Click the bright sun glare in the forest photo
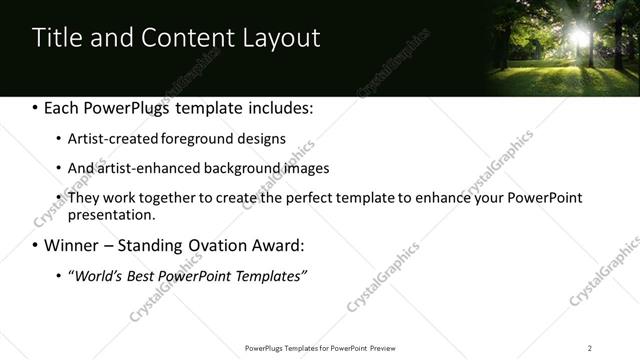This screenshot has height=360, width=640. coord(579,36)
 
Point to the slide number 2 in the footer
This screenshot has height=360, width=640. coord(590,347)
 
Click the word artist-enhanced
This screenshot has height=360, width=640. coord(140,168)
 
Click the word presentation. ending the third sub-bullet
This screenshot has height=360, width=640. coord(112,214)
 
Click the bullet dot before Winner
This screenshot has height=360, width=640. coord(36,245)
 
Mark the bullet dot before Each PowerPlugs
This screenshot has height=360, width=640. coord(36,107)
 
